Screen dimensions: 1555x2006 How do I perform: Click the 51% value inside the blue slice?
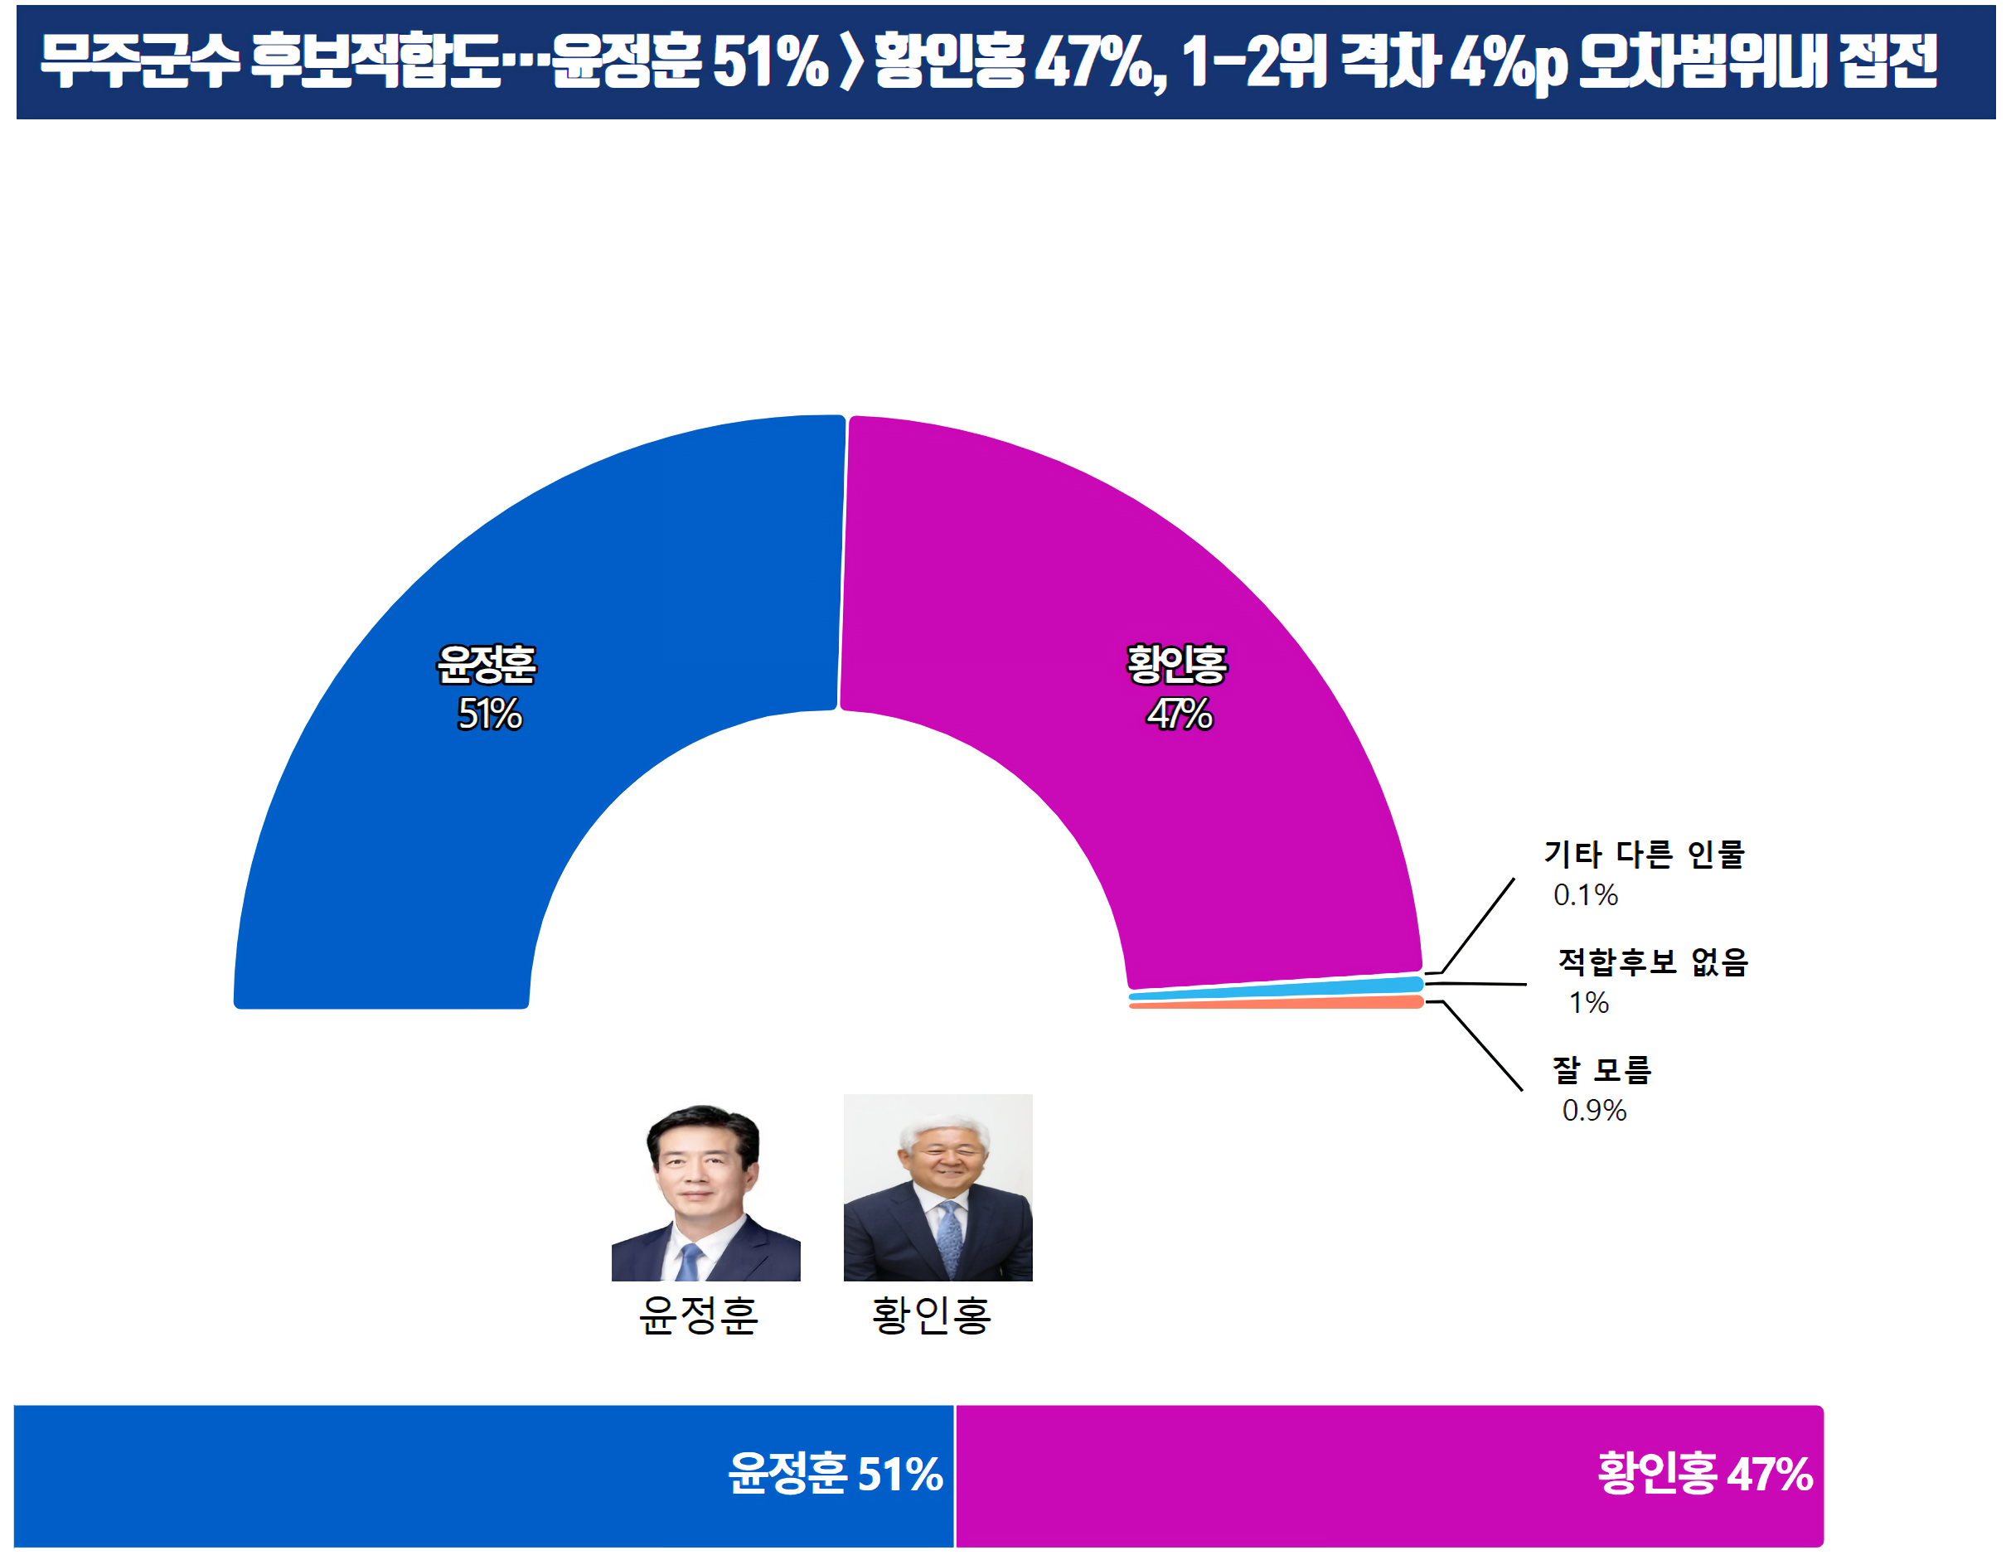tap(490, 715)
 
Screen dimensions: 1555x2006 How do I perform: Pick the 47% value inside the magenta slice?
tap(1180, 715)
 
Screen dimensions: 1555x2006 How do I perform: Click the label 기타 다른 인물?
tap(1643, 855)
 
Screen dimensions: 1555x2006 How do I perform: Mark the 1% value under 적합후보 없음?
tap(1589, 1003)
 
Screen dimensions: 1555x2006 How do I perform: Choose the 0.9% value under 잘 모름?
tap(1595, 1112)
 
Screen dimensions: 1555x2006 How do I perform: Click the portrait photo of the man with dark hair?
tap(705, 1190)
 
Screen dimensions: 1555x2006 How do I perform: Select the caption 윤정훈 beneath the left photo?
tap(698, 1315)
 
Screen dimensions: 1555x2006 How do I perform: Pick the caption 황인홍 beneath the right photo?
tap(932, 1315)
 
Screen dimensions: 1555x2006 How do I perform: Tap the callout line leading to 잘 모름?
tap(1484, 1047)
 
